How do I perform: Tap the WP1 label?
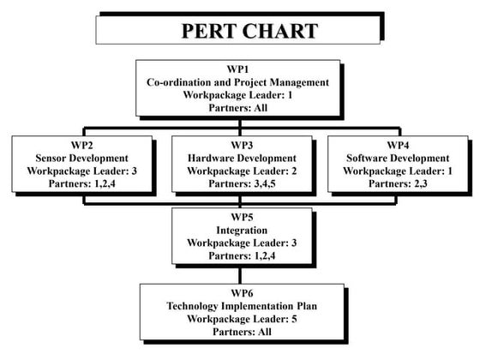tap(238, 69)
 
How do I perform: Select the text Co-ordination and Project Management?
tap(238, 82)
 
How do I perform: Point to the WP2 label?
tap(81, 145)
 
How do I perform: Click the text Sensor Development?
tap(81, 158)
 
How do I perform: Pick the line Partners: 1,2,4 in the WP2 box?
tap(81, 183)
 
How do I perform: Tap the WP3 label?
tap(242, 145)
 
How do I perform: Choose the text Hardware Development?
tap(242, 158)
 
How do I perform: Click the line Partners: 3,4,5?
tap(242, 183)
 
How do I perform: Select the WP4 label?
tap(398, 145)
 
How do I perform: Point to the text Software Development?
tap(398, 158)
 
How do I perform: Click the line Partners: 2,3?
tap(398, 183)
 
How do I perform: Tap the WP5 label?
tap(242, 217)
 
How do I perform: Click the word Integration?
tap(242, 230)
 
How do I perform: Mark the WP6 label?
tap(242, 293)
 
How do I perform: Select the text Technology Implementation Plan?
tap(242, 306)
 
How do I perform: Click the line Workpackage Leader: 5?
tap(242, 319)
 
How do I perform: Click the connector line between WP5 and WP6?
tap(240, 276)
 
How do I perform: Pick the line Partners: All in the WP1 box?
tap(238, 108)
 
